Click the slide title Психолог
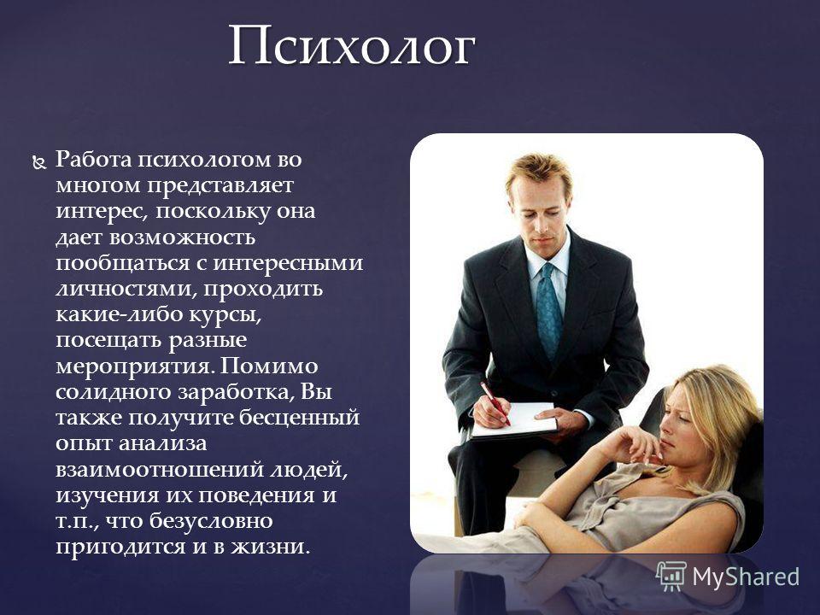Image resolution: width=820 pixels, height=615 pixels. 351,47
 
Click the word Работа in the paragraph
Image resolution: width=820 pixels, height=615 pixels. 93,160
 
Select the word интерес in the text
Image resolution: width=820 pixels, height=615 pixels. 97,211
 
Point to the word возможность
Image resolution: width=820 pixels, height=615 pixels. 182,238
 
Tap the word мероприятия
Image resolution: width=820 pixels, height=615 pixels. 135,367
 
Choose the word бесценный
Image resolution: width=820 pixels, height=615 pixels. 300,418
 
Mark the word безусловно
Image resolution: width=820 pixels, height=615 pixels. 211,520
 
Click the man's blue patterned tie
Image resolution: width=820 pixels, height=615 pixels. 549,311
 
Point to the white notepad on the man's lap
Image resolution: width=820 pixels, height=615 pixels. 514,419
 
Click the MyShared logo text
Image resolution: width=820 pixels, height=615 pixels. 747,577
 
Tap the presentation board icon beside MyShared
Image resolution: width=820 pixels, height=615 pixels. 671,576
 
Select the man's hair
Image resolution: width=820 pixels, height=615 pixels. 540,172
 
